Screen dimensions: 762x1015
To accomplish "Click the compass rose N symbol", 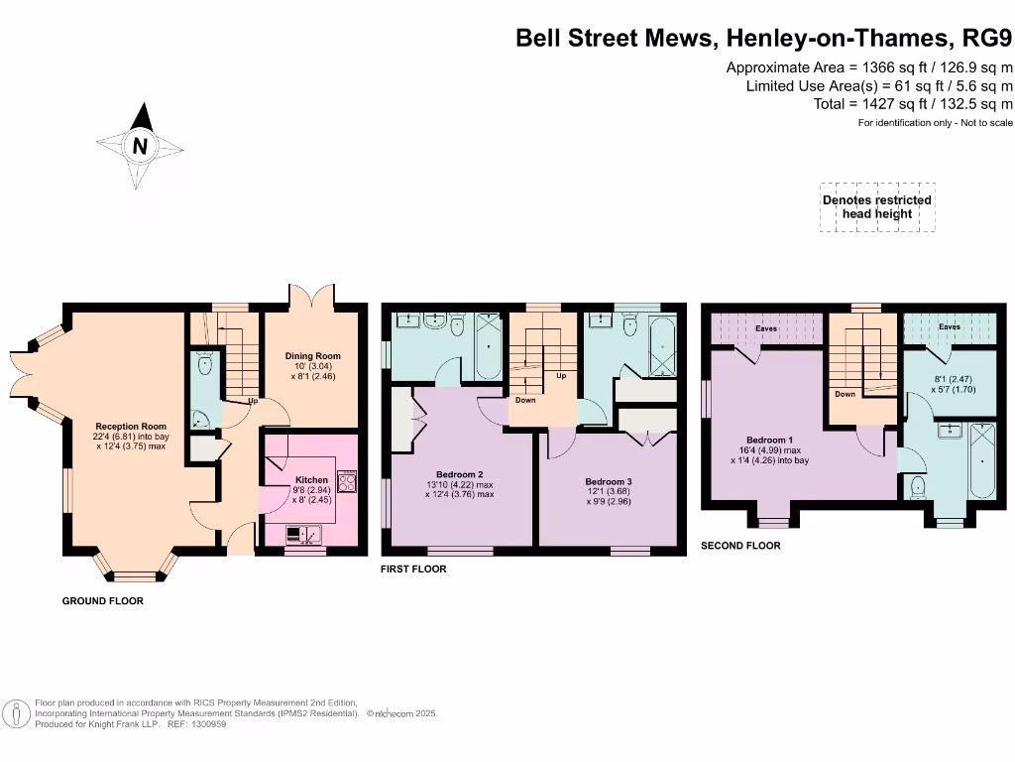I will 141,146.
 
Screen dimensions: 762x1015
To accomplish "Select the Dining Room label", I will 312,356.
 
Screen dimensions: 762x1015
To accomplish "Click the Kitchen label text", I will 297,478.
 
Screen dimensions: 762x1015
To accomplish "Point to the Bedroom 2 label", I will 459,474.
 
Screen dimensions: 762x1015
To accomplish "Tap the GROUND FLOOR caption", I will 103,601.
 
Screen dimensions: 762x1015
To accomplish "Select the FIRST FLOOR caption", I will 414,570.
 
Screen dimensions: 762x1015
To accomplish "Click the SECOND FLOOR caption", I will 740,546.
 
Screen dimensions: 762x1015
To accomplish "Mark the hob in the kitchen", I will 348,481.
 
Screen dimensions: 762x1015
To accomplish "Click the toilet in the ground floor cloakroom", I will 204,364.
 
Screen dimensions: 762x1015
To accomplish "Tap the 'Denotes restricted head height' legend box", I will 876,207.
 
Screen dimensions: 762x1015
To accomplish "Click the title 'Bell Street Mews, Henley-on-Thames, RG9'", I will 764,39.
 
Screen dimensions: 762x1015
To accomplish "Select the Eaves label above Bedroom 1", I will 766,327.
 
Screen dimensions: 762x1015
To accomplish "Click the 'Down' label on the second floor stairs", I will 845,394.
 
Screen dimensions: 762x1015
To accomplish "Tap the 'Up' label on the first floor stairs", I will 561,376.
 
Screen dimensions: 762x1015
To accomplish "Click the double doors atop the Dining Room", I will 311,297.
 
